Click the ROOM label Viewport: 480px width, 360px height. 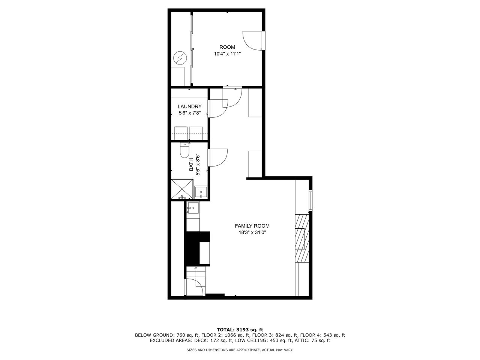pos(227,47)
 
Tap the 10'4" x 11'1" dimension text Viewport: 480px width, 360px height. pos(227,54)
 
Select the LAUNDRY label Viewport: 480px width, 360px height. pos(190,106)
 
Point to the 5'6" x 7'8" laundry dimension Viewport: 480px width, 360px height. pos(190,113)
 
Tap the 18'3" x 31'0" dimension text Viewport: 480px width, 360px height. pos(252,232)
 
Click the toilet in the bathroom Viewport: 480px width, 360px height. pos(184,150)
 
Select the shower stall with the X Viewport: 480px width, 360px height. pos(182,189)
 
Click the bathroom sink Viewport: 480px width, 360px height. pos(201,192)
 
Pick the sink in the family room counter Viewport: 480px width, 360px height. pos(193,208)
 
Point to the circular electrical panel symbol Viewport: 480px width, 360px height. pos(180,58)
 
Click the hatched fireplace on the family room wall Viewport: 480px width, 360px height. pos(302,238)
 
